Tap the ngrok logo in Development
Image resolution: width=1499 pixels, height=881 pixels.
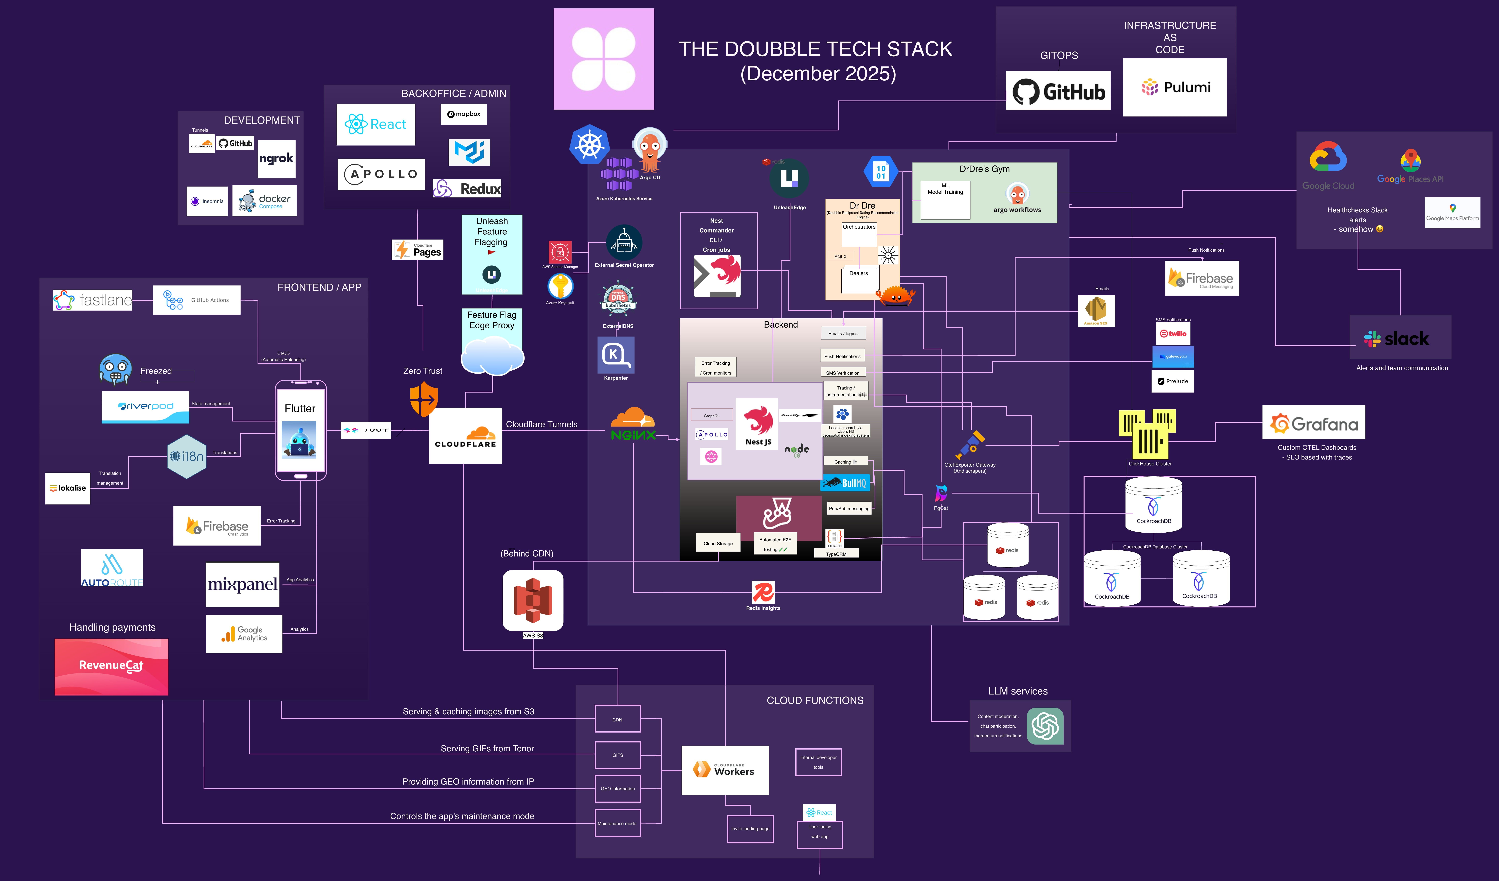[x=276, y=158]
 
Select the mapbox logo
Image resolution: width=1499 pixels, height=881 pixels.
[x=463, y=114]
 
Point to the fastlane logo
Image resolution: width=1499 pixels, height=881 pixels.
[x=93, y=299]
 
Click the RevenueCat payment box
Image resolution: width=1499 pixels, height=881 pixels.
[x=111, y=666]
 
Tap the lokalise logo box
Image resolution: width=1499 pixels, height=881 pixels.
[x=68, y=488]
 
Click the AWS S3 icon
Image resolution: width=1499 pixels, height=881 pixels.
[x=532, y=600]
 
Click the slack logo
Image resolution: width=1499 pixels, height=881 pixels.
[x=1400, y=338]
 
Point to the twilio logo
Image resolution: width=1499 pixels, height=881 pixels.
[x=1173, y=333]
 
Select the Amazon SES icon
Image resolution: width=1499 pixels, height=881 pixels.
[x=1096, y=310]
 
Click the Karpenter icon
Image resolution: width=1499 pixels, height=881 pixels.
[x=616, y=355]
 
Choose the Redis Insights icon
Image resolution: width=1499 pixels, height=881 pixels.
[x=763, y=593]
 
